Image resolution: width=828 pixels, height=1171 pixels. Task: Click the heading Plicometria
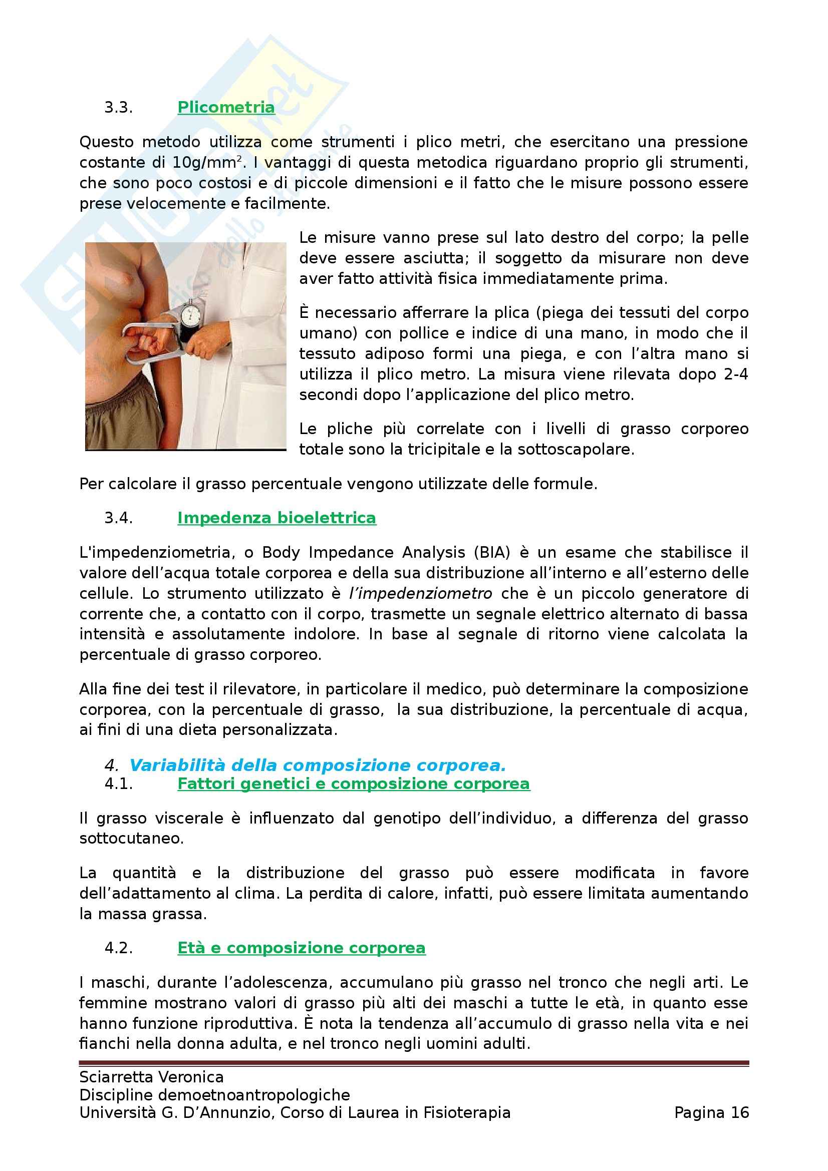pos(226,107)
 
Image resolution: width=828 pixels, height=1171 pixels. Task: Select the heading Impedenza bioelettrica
pos(277,518)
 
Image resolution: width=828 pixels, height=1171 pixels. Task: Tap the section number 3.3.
pos(118,108)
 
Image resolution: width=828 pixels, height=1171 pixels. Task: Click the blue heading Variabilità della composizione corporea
pos(317,765)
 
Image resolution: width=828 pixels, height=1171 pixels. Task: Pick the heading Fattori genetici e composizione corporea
pos(354,784)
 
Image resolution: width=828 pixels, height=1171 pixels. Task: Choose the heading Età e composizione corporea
pos(301,948)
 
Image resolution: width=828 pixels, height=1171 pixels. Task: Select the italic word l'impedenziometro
pos(420,593)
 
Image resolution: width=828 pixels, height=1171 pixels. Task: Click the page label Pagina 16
pos(711,1112)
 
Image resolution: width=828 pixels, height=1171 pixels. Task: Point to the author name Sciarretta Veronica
pos(151,1077)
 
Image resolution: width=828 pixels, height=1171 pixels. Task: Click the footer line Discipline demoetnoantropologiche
pos(214,1094)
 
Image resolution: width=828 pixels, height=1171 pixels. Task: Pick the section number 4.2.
pos(118,948)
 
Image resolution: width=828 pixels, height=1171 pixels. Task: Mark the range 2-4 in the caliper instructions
pos(736,374)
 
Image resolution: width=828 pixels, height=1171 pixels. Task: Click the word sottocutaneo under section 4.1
pos(131,839)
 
